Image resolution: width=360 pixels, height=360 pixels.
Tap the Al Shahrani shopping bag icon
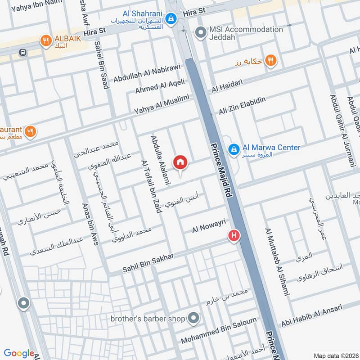click(x=171, y=18)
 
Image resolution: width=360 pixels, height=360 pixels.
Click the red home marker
click(x=180, y=162)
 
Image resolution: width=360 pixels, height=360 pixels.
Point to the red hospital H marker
click(x=234, y=235)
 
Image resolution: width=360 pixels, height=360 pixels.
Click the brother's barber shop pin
click(x=194, y=318)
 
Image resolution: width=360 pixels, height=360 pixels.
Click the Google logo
click(x=19, y=354)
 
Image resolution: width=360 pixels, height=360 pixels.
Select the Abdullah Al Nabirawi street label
click(x=147, y=73)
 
